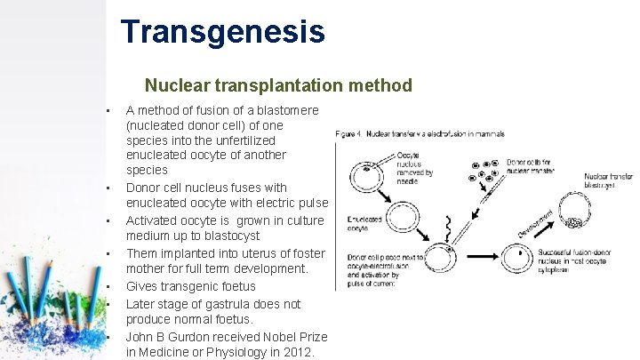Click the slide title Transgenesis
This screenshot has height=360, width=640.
[x=223, y=31]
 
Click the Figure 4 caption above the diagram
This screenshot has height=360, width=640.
[x=420, y=134]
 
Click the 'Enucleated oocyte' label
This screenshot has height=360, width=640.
[x=355, y=223]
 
